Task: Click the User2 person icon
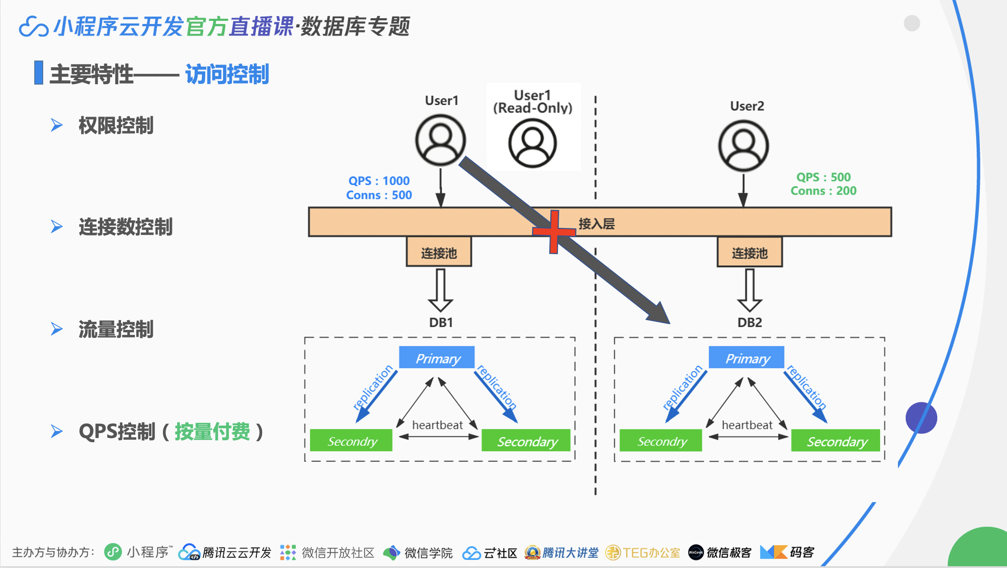click(x=743, y=146)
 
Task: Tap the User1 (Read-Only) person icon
click(x=532, y=143)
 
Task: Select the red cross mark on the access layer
click(x=554, y=231)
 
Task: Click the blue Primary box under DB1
click(x=437, y=358)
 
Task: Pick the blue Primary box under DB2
click(x=747, y=358)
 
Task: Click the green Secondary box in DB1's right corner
click(x=526, y=441)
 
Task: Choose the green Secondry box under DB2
click(x=661, y=441)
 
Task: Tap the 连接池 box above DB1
click(x=439, y=252)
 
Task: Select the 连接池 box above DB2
click(x=750, y=252)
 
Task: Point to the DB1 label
click(x=441, y=322)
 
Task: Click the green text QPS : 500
click(x=824, y=177)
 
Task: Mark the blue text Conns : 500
click(x=379, y=195)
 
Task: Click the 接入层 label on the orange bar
click(x=597, y=223)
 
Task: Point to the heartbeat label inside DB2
click(x=747, y=425)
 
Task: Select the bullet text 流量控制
click(x=116, y=329)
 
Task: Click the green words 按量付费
click(x=212, y=431)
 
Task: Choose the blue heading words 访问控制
click(x=227, y=74)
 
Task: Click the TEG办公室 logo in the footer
click(x=643, y=552)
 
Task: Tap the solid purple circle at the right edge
click(x=921, y=418)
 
